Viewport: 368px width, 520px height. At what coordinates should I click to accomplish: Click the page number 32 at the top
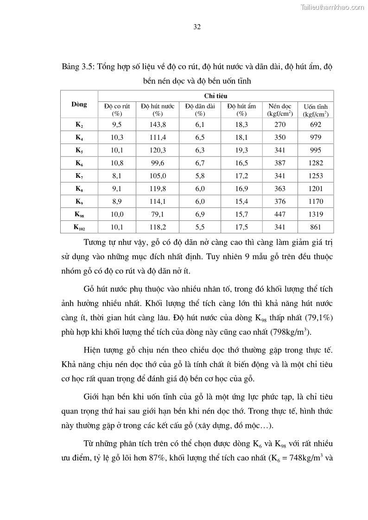point(197,27)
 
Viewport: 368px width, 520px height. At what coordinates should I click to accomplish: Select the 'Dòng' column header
point(79,105)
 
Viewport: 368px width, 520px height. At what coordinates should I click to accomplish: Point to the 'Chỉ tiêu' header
point(216,95)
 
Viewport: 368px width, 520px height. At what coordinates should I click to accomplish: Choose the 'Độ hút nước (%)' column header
point(158,110)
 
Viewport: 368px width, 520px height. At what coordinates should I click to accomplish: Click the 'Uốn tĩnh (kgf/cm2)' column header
point(316,110)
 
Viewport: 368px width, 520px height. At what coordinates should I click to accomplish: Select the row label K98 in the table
point(79,214)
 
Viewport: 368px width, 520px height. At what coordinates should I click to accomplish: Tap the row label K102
point(79,227)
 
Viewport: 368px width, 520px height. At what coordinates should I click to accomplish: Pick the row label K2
point(79,125)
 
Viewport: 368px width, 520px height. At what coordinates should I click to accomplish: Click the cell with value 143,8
point(158,125)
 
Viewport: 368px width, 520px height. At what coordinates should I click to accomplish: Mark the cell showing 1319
point(316,214)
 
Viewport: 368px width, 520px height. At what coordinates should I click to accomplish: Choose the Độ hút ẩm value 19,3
point(241,150)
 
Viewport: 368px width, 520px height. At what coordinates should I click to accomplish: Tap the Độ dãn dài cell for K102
point(200,227)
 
